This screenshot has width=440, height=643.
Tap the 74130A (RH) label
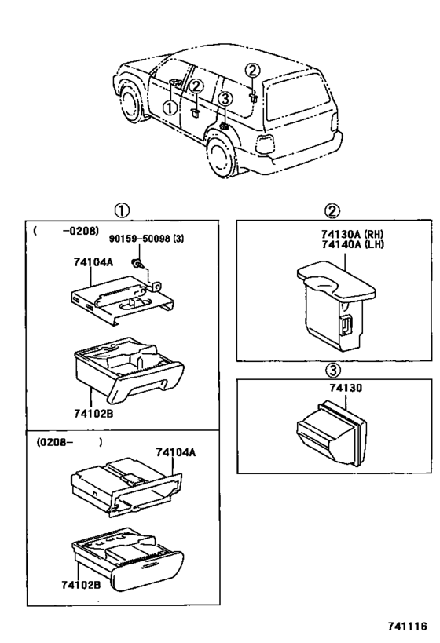point(331,233)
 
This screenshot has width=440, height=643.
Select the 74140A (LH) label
point(331,243)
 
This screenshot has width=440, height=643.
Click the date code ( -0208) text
point(56,232)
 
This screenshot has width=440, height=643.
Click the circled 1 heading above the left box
point(123,210)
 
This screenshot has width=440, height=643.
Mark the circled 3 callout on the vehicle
point(225,99)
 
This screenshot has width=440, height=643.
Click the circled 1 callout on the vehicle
point(170,108)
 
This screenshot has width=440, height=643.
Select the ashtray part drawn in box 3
point(330,432)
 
